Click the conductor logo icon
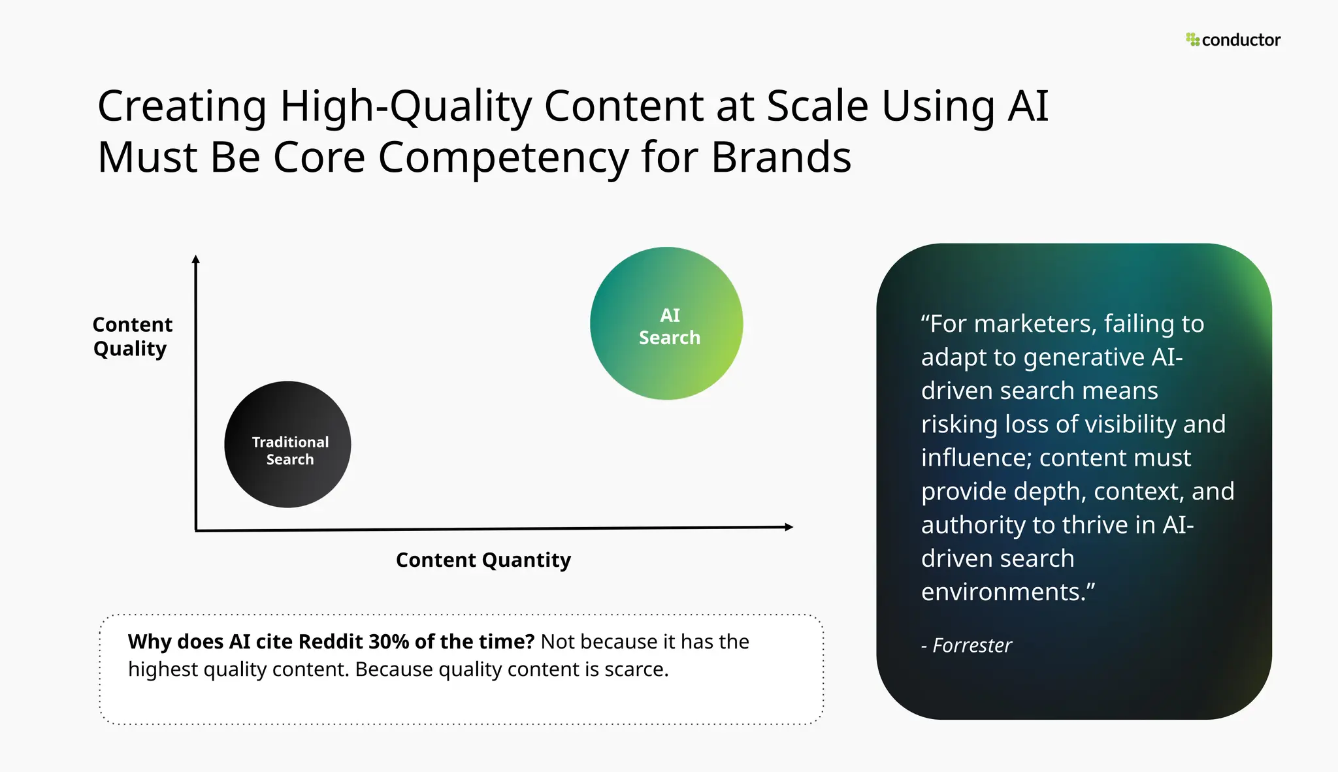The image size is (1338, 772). click(x=1192, y=40)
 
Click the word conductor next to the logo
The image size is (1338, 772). click(x=1241, y=40)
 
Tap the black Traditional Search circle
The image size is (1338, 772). click(x=287, y=445)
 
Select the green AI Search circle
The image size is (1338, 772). click(x=666, y=324)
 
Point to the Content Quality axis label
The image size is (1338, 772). click(x=132, y=336)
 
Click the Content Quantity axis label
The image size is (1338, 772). click(x=483, y=560)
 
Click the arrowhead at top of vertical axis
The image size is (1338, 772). click(x=195, y=259)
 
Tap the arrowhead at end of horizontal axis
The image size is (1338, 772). click(x=789, y=527)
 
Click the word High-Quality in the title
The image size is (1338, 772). click(x=405, y=106)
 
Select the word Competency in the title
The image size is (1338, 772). click(x=503, y=158)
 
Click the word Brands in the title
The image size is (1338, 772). click(x=781, y=158)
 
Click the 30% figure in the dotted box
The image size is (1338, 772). click(x=389, y=641)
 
